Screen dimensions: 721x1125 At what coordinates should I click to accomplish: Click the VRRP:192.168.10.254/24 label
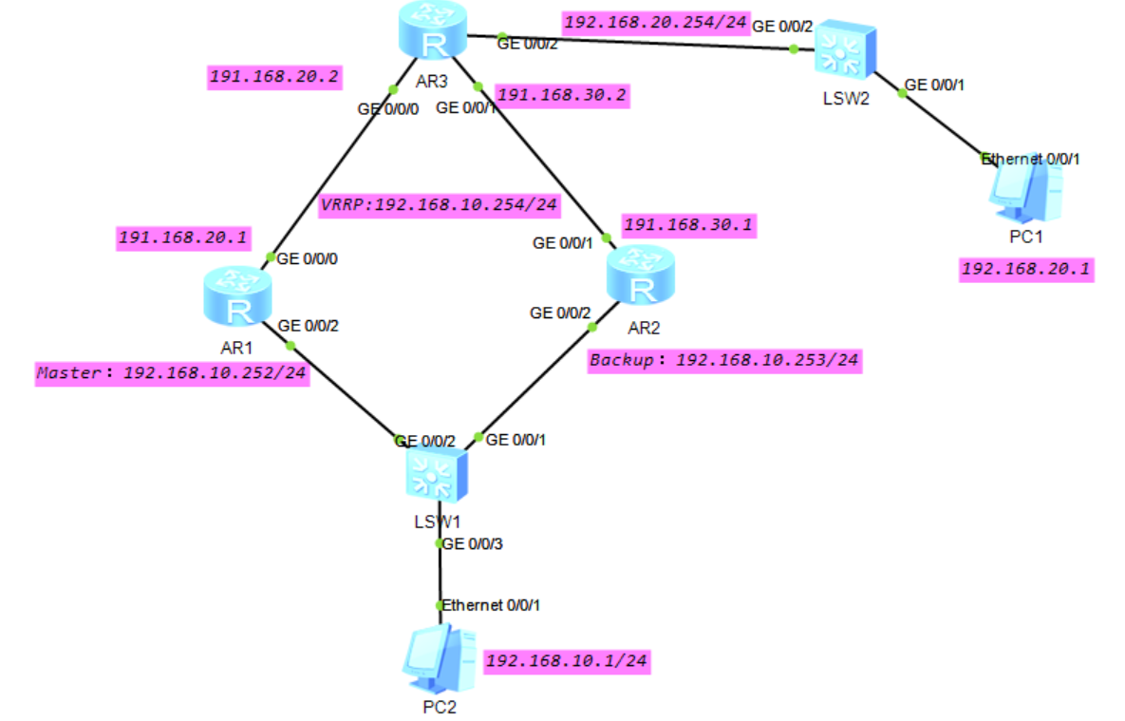(x=440, y=204)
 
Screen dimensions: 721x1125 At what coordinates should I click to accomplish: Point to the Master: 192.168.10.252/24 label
(x=172, y=373)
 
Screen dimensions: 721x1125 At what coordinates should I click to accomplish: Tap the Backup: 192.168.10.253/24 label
(x=724, y=361)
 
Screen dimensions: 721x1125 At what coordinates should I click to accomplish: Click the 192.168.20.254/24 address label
(x=655, y=22)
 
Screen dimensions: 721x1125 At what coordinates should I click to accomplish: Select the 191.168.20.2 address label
(x=274, y=77)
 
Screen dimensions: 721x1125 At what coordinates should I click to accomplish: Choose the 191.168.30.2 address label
(x=561, y=95)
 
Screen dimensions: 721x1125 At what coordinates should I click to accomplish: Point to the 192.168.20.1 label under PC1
(x=1025, y=270)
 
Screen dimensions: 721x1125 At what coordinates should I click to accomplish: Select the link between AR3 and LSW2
(x=646, y=43)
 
